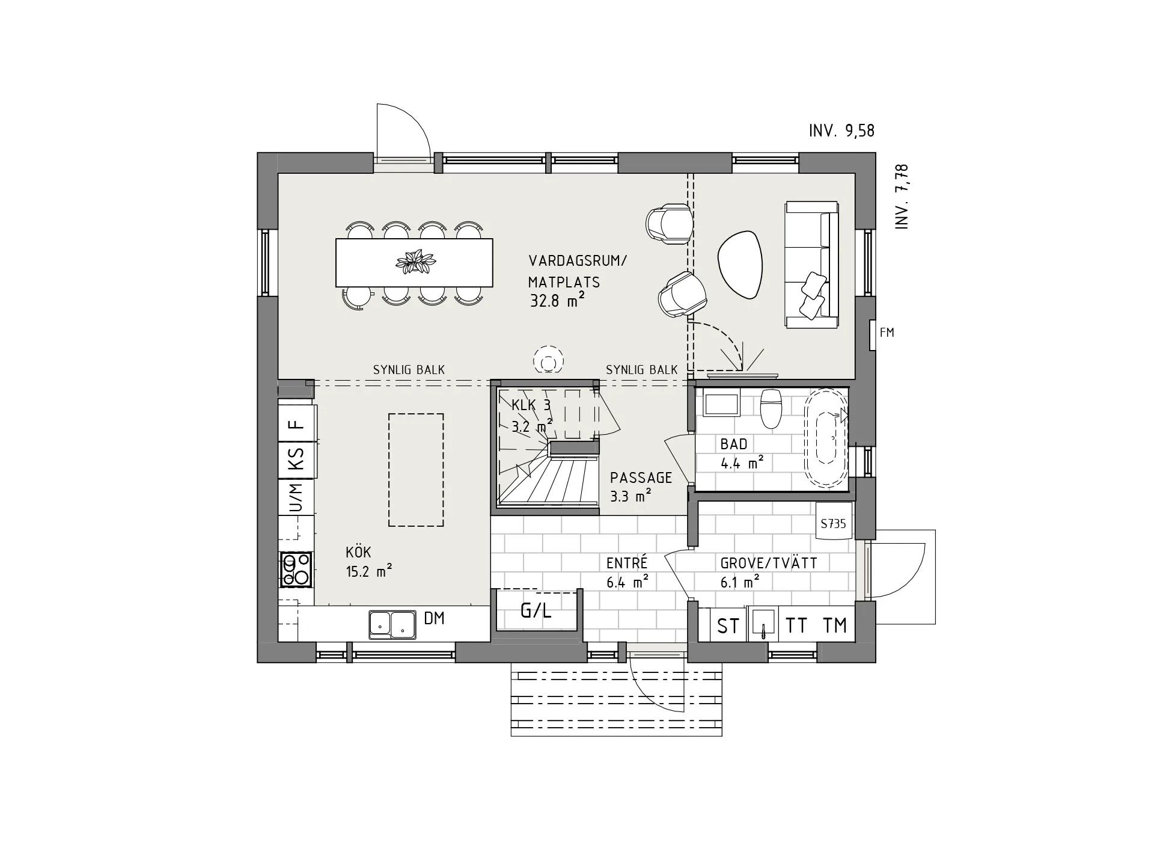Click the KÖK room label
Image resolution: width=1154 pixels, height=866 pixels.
pyautogui.click(x=358, y=551)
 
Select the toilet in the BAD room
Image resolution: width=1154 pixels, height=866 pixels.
pyautogui.click(x=770, y=407)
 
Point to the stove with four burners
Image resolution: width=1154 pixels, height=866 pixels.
pyautogui.click(x=296, y=570)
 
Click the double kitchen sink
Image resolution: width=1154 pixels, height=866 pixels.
pyautogui.click(x=392, y=624)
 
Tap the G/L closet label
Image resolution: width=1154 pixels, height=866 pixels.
pyautogui.click(x=536, y=611)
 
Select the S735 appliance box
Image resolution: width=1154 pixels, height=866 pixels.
pyautogui.click(x=834, y=523)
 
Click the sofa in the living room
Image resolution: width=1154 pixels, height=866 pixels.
pyautogui.click(x=811, y=265)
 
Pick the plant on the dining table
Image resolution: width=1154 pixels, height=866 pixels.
pyautogui.click(x=415, y=262)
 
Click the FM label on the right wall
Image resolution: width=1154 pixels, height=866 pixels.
pyautogui.click(x=887, y=333)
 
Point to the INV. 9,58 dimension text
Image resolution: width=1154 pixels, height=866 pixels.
pyautogui.click(x=841, y=131)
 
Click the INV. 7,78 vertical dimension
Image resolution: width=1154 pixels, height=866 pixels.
pyautogui.click(x=902, y=197)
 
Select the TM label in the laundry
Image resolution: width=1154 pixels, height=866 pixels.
pyautogui.click(x=835, y=625)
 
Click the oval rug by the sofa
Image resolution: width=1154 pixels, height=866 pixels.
pyautogui.click(x=740, y=265)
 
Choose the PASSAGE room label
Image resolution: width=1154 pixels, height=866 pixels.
pyautogui.click(x=641, y=478)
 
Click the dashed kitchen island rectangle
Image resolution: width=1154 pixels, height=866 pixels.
pyautogui.click(x=416, y=470)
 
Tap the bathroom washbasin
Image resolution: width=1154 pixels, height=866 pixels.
pyautogui.click(x=721, y=404)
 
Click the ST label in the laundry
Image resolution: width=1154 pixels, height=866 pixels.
pyautogui.click(x=728, y=626)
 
